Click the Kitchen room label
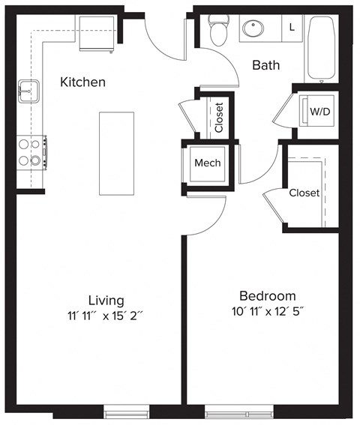[82, 82]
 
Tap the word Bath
[265, 65]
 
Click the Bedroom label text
[267, 295]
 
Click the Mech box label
[208, 163]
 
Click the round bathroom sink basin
[253, 30]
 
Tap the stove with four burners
[31, 152]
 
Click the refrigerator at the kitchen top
[97, 41]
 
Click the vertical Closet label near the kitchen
[219, 118]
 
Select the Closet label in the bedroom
[304, 193]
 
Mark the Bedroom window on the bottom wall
[237, 412]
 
